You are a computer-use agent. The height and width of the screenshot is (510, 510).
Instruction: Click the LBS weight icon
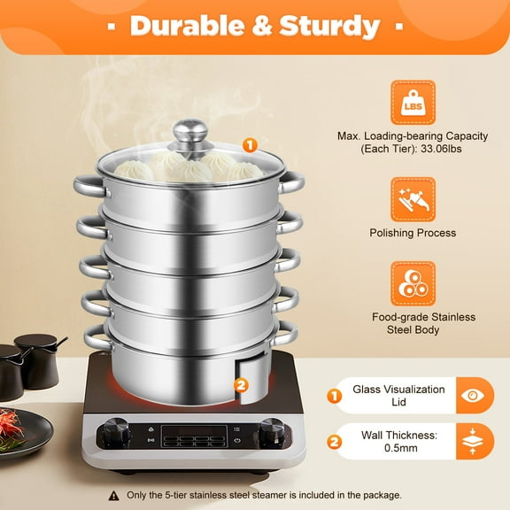[x=413, y=103]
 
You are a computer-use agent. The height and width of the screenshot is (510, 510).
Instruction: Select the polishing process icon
[x=413, y=199]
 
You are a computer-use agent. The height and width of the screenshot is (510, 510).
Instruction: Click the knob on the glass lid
[x=189, y=135]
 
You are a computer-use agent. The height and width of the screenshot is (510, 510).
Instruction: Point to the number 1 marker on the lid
[x=251, y=144]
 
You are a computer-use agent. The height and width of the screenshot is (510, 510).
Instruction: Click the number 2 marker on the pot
[x=240, y=384]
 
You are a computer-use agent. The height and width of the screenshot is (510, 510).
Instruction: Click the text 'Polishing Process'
[x=413, y=234]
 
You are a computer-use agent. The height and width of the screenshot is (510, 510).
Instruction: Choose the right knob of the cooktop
[x=271, y=433]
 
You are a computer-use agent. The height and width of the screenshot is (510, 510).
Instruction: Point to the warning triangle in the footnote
[x=114, y=495]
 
